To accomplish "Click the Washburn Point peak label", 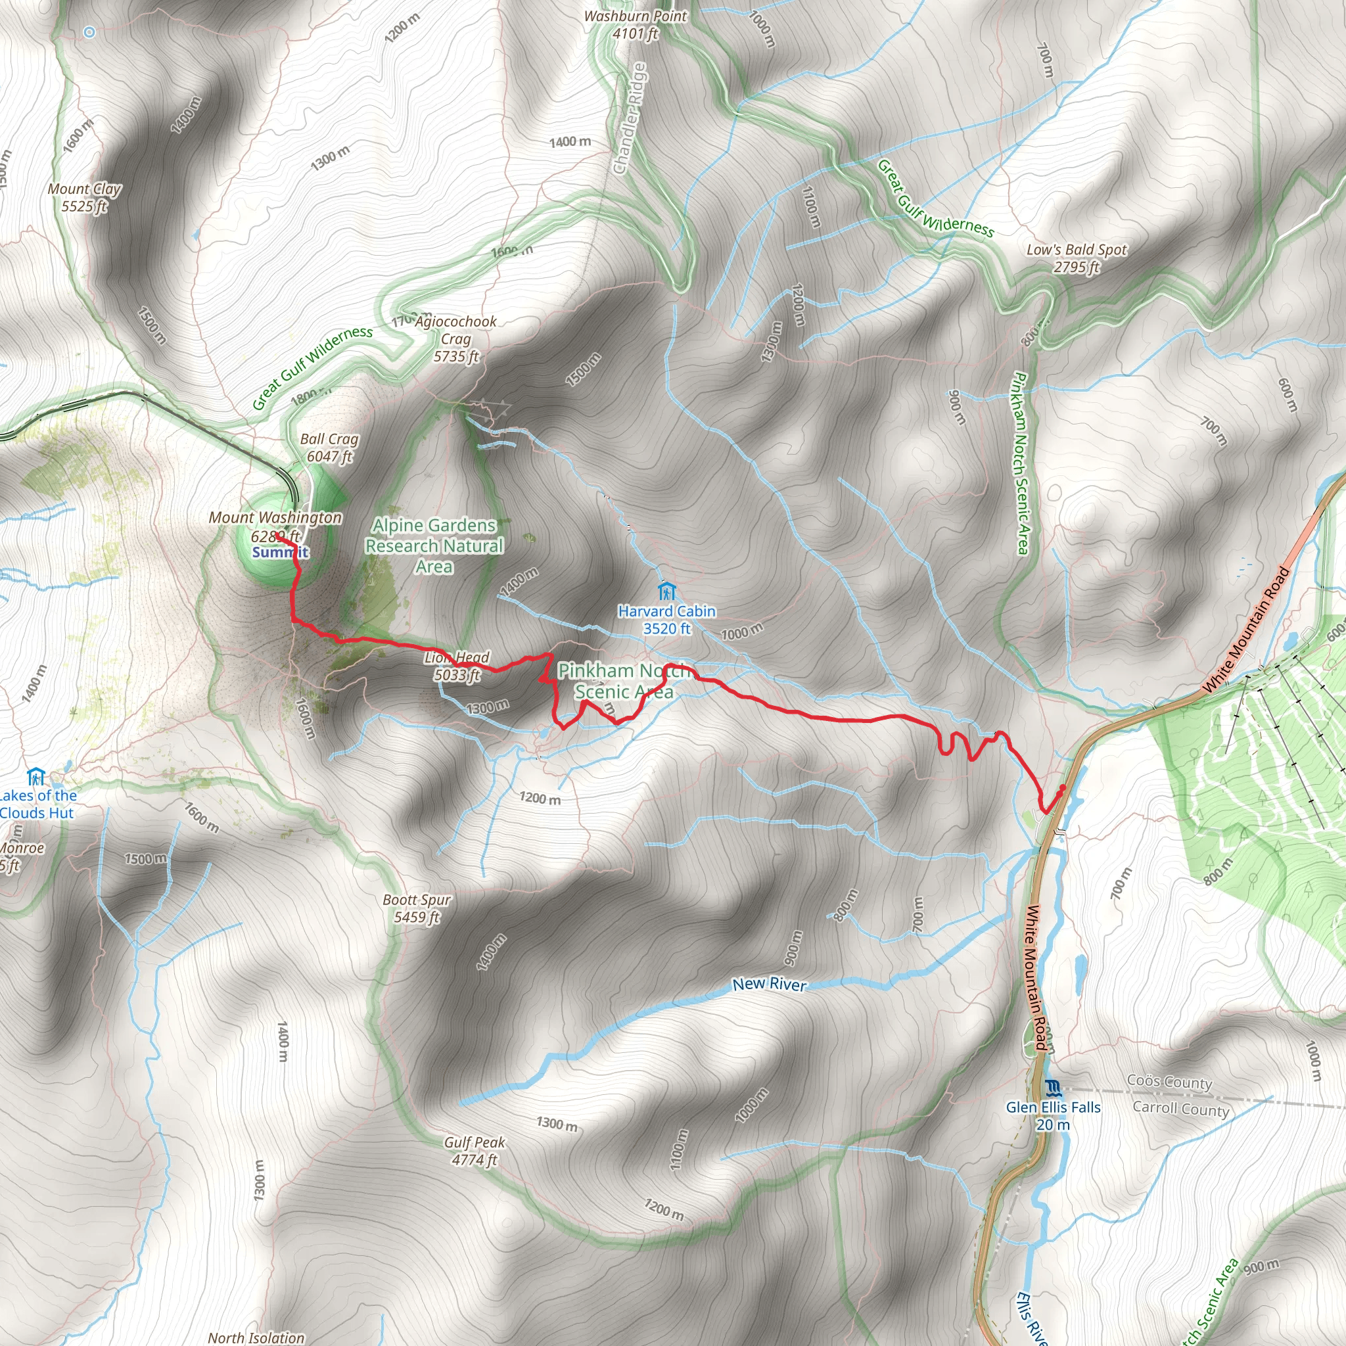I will click(635, 24).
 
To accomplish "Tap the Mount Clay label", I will click(84, 197).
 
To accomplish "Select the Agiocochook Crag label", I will click(455, 338).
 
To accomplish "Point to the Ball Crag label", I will click(329, 448).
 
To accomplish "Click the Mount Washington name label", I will click(275, 518).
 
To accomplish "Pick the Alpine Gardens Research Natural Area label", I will click(434, 545).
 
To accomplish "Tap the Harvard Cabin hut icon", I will click(666, 592).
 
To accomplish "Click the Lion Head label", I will click(457, 665).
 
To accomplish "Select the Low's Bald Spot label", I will click(1077, 258).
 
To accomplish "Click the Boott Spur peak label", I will click(417, 908).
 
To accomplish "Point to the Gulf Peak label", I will click(475, 1151).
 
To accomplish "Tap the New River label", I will click(769, 985).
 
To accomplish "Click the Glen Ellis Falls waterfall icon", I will click(1053, 1088).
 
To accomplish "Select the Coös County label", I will click(1169, 1082).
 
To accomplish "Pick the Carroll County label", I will click(1180, 1109).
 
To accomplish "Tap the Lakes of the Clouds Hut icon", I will click(35, 776).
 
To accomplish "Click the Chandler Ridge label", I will click(630, 118).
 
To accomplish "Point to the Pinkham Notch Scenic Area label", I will click(624, 681).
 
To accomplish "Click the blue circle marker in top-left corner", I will click(89, 32).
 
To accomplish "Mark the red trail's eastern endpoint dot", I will click(1063, 788).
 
